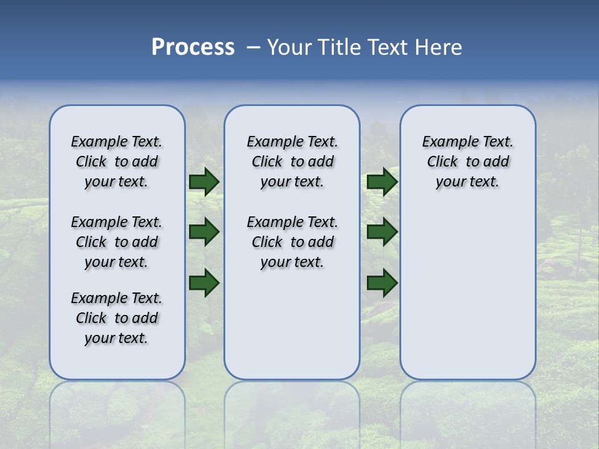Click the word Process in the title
click(x=193, y=47)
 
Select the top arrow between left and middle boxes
click(x=203, y=182)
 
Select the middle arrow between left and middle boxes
click(x=203, y=232)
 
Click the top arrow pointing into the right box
click(x=382, y=182)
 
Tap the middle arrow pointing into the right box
click(x=382, y=232)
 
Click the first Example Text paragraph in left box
click(x=117, y=162)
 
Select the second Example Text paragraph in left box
click(x=117, y=242)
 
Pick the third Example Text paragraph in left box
click(x=117, y=318)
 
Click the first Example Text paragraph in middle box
click(x=292, y=162)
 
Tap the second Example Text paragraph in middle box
click(x=292, y=242)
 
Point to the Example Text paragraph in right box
click(x=468, y=162)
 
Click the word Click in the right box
click(x=442, y=162)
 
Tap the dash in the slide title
click(x=253, y=47)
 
